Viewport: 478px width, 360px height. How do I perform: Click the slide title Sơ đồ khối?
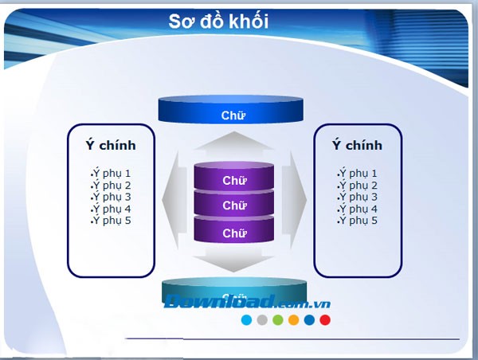pos(217,22)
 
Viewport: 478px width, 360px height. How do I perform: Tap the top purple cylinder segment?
pos(233,180)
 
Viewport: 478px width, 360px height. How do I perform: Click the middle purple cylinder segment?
pos(233,205)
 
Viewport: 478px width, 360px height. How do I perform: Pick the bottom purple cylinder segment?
pos(233,233)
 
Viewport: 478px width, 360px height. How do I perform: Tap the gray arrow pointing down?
pos(233,260)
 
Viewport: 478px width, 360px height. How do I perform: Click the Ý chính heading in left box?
pos(111,145)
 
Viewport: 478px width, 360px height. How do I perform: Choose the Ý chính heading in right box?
pos(357,145)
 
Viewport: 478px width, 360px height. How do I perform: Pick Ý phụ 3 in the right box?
pos(357,197)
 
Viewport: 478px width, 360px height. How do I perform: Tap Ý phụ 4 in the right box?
pos(357,209)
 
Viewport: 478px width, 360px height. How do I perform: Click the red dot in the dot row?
pos(325,320)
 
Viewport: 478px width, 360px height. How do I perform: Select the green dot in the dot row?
pos(278,320)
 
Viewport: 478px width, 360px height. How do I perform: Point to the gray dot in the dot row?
pos(262,320)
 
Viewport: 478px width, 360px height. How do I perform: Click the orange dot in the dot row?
pos(293,320)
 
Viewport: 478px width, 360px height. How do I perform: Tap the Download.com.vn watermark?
pos(247,303)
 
